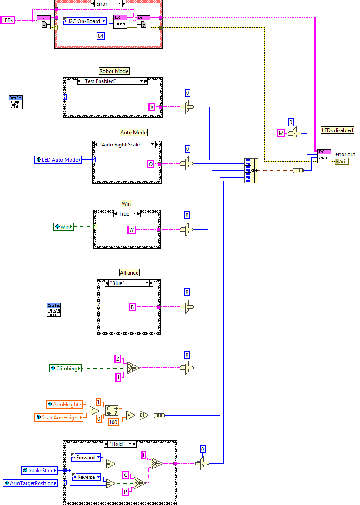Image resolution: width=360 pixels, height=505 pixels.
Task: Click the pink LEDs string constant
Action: pos(8,20)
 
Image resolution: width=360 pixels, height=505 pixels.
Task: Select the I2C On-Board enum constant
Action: pos(84,21)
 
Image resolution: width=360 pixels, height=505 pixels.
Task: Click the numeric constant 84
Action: pos(100,36)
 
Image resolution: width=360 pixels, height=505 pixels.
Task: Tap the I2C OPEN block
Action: pos(120,22)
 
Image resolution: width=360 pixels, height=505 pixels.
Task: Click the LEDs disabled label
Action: pos(337,130)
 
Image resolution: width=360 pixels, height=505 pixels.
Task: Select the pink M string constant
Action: pos(281,133)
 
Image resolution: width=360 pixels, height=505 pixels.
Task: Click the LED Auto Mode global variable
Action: pos(58,160)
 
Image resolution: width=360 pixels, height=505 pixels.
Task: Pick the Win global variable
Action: pos(63,226)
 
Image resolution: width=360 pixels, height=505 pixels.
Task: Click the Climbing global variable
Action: pos(65,369)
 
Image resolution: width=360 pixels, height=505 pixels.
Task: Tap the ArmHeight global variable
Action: pos(63,405)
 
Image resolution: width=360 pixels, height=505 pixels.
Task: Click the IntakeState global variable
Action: pos(39,470)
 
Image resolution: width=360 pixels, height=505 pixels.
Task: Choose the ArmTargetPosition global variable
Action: pos(30,483)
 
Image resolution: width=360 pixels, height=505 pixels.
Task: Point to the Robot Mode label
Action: pos(114,71)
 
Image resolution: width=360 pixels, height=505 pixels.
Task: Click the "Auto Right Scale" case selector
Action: pos(127,145)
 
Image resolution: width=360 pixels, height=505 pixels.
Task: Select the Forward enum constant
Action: pos(86,458)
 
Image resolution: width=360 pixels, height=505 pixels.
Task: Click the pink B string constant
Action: pos(132,307)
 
